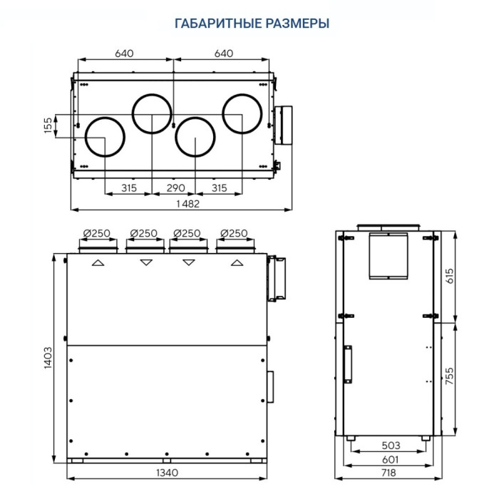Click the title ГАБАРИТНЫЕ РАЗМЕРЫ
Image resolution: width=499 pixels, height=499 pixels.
pyautogui.click(x=252, y=23)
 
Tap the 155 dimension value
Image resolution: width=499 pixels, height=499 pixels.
pyautogui.click(x=48, y=126)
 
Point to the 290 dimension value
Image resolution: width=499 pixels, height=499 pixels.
pyautogui.click(x=175, y=187)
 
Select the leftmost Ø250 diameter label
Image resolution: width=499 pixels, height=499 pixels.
pyautogui.click(x=95, y=233)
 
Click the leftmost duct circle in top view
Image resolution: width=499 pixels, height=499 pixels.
pyautogui.click(x=106, y=135)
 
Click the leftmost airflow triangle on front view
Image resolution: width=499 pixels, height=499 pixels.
pyautogui.click(x=98, y=263)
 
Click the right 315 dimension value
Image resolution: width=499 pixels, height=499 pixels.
pyautogui.click(x=220, y=187)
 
